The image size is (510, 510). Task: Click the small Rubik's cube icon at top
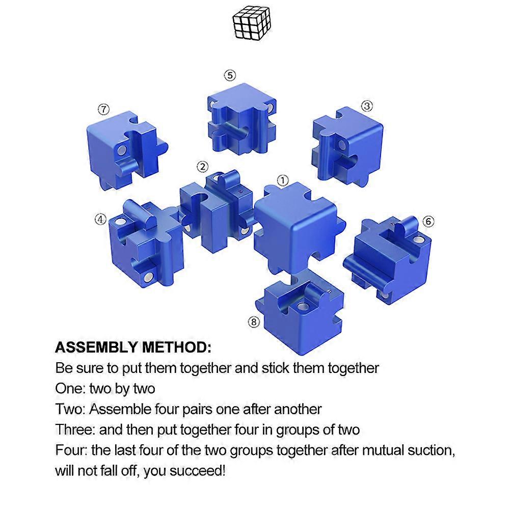pyautogui.click(x=252, y=23)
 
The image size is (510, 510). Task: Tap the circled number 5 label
pyautogui.click(x=230, y=75)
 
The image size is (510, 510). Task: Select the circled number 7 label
pyautogui.click(x=104, y=109)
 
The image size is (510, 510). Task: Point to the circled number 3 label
pyautogui.click(x=367, y=106)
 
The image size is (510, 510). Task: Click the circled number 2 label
pyautogui.click(x=203, y=167)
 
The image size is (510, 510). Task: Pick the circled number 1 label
pyautogui.click(x=283, y=180)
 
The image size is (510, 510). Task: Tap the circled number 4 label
pyautogui.click(x=100, y=219)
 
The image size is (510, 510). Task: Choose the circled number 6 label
pyautogui.click(x=428, y=222)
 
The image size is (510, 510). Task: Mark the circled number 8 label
pyautogui.click(x=254, y=322)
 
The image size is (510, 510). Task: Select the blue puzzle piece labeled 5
pyautogui.click(x=241, y=119)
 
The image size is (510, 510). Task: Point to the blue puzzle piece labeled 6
pyautogui.click(x=387, y=260)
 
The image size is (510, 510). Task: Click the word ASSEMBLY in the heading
pyautogui.click(x=96, y=347)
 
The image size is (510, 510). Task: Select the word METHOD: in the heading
pyautogui.click(x=177, y=347)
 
